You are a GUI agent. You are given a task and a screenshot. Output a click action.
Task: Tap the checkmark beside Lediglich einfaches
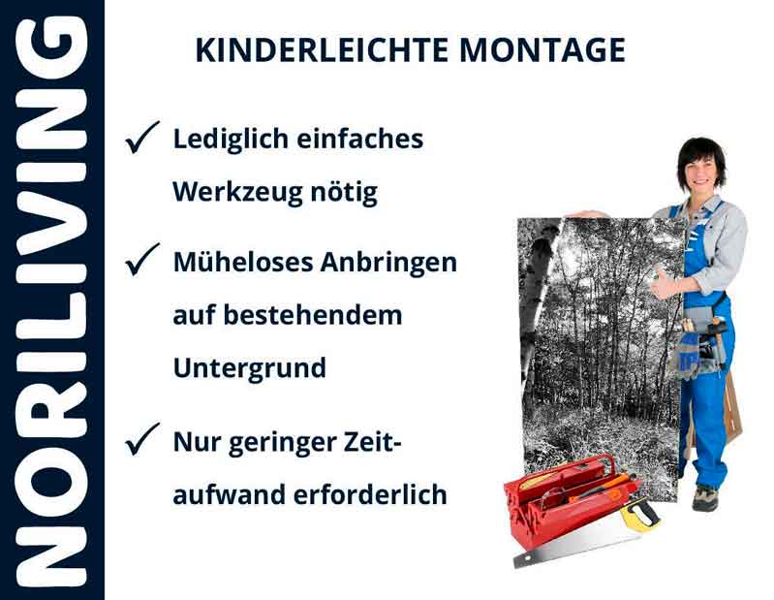coord(142,140)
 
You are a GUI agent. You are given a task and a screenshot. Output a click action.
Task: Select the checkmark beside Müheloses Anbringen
coord(142,261)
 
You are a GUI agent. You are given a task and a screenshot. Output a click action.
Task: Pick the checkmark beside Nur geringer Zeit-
coord(142,441)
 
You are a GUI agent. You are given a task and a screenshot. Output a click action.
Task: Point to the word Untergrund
coord(249,369)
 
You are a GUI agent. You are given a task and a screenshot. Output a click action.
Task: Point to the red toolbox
coord(562,499)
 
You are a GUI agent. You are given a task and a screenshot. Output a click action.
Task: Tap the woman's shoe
coord(705,498)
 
